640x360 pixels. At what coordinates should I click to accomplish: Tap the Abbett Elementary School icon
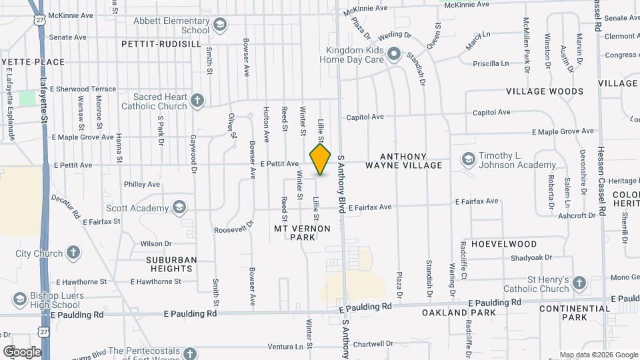(220, 25)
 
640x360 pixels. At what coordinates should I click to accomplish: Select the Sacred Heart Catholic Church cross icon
(197, 101)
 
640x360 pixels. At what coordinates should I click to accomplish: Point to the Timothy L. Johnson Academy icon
(468, 159)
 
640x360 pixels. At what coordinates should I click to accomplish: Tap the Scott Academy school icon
(179, 207)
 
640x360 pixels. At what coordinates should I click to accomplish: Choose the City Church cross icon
(73, 253)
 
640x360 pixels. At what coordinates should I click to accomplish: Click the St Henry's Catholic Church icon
(579, 283)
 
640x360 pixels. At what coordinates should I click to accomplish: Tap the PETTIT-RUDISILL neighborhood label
(161, 44)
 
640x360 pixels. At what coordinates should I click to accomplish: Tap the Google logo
(22, 351)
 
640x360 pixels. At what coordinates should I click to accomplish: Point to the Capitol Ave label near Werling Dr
(491, 113)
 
